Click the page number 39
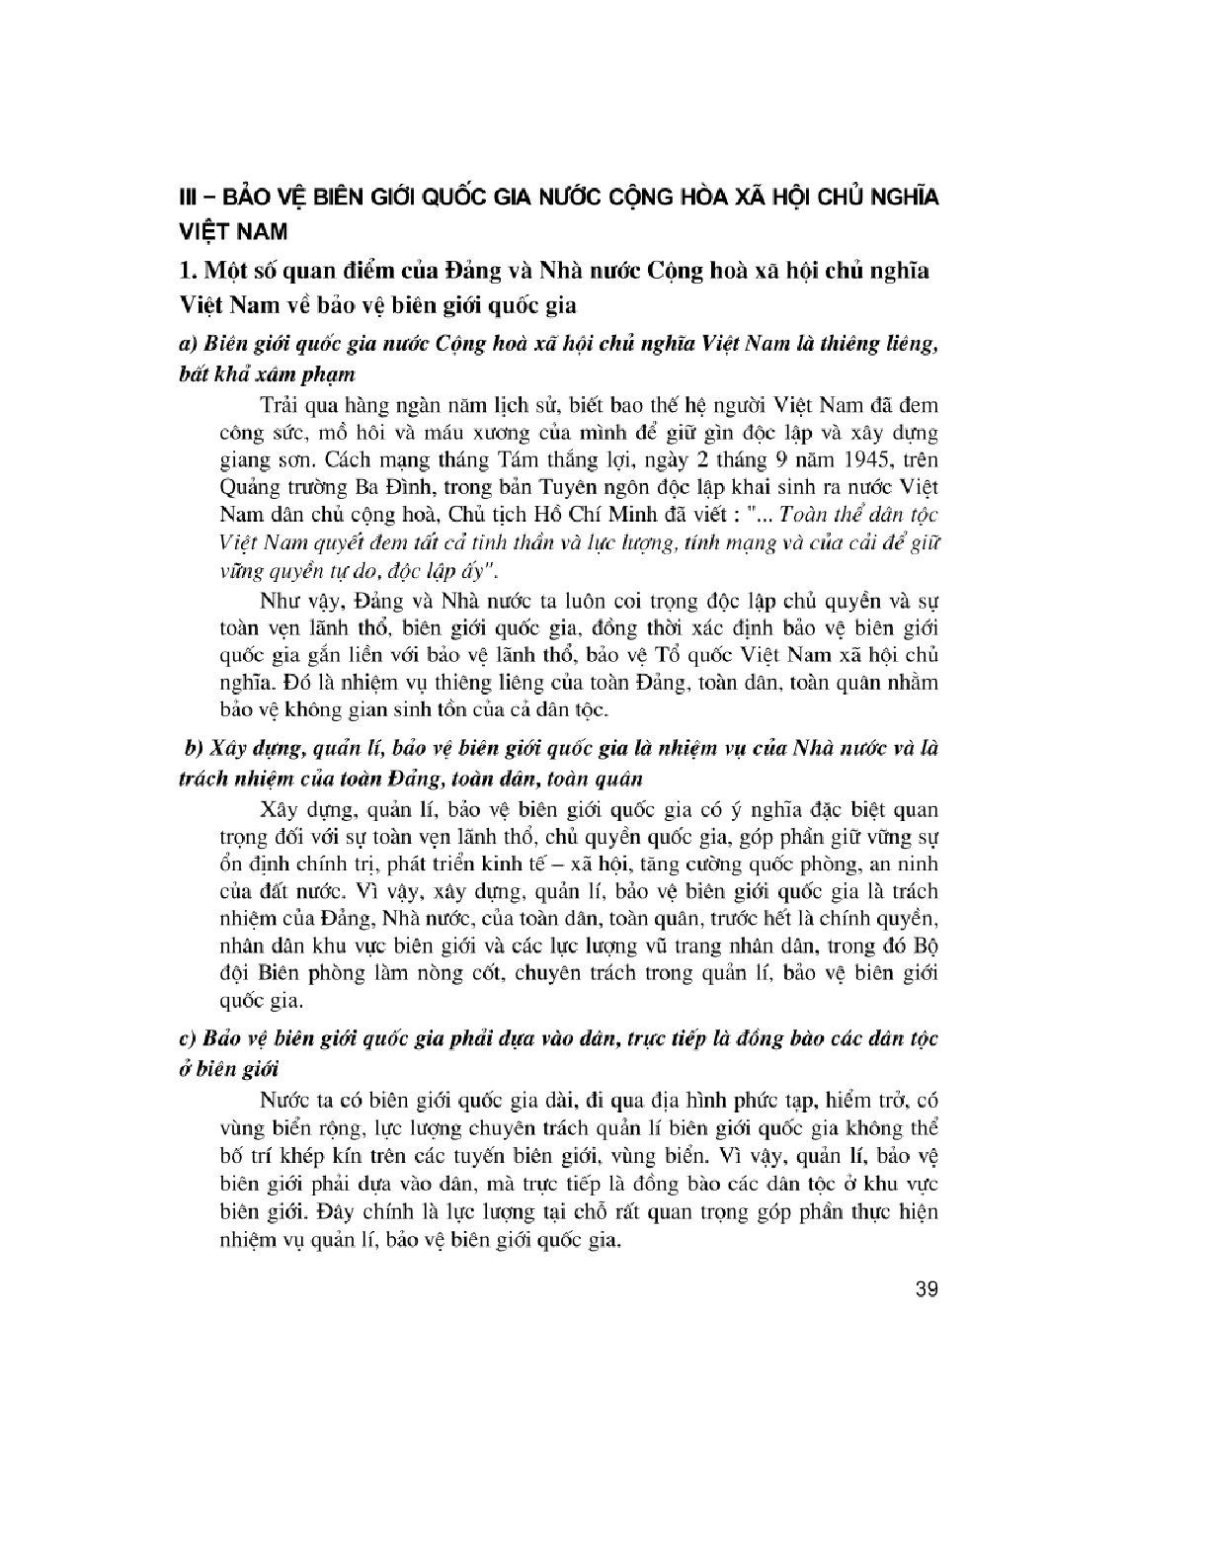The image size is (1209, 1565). (927, 1289)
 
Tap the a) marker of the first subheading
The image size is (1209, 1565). (187, 344)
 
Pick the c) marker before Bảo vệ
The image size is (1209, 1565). (186, 1038)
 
